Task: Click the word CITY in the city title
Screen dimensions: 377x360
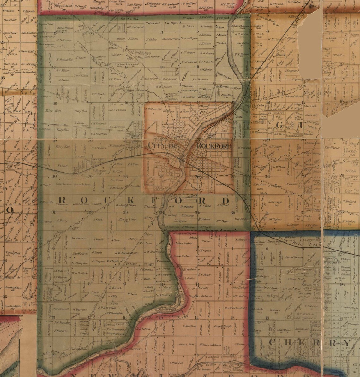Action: [x=157, y=145]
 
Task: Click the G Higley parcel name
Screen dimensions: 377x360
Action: [x=116, y=54]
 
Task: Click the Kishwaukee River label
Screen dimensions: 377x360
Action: [x=208, y=366]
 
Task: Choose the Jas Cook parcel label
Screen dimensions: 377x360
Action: [x=311, y=106]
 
